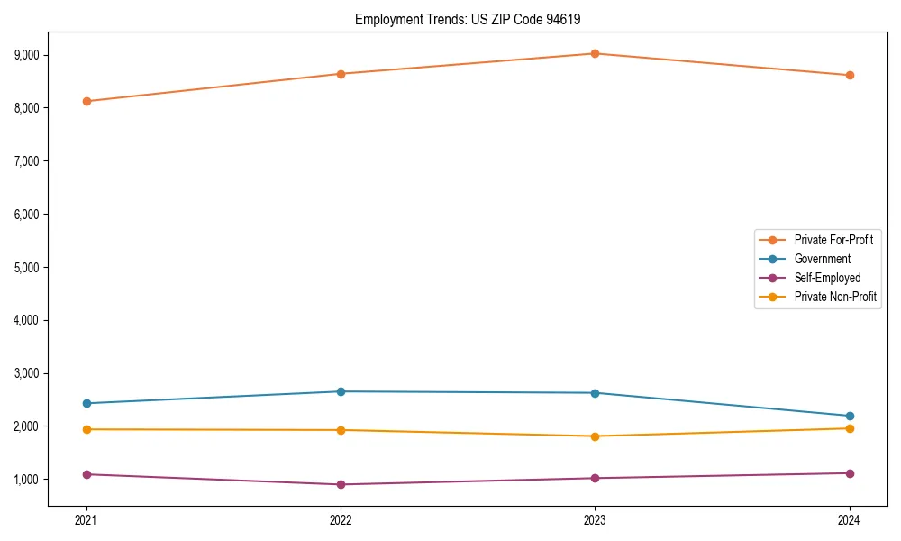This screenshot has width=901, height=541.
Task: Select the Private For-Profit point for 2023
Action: pyautogui.click(x=595, y=53)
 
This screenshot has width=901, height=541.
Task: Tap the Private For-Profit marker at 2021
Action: pyautogui.click(x=86, y=101)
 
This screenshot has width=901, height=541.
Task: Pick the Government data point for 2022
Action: pyautogui.click(x=341, y=391)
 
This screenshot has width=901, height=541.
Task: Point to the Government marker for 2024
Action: pyautogui.click(x=850, y=416)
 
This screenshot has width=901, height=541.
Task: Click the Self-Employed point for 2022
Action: pyautogui.click(x=341, y=484)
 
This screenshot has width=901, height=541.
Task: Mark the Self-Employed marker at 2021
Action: pyautogui.click(x=86, y=474)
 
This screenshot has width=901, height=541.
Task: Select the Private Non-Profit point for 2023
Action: pyautogui.click(x=595, y=436)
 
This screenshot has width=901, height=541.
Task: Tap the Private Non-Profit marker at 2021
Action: pyautogui.click(x=86, y=429)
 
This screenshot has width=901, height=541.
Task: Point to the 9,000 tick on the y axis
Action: pyautogui.click(x=28, y=55)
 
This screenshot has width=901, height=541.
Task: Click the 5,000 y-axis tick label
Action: pyautogui.click(x=28, y=267)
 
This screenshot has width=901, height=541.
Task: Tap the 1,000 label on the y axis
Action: pyautogui.click(x=28, y=479)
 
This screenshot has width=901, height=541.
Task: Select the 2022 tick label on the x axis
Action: pyautogui.click(x=341, y=520)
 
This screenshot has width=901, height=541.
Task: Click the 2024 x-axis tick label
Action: pyautogui.click(x=850, y=520)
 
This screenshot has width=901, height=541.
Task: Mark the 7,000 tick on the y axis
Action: pyautogui.click(x=28, y=160)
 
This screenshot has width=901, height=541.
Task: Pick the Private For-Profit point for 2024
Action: pyautogui.click(x=850, y=75)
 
